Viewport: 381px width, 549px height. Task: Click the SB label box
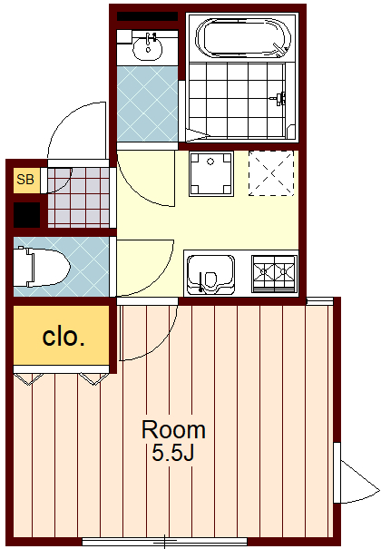click(x=26, y=180)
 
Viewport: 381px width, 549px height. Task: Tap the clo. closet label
click(x=63, y=337)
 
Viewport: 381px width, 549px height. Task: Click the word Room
click(x=173, y=429)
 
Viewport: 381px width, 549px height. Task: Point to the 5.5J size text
click(x=173, y=453)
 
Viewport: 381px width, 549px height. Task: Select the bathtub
click(x=243, y=38)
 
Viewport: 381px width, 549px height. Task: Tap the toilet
click(x=42, y=267)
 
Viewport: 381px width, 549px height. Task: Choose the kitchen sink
click(x=210, y=274)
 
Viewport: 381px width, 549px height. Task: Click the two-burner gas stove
click(x=274, y=273)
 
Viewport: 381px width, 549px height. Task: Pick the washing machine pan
click(x=211, y=173)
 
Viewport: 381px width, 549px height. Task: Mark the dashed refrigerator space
click(x=271, y=173)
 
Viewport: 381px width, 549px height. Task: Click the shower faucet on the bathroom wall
click(x=279, y=98)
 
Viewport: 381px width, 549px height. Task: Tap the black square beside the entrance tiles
click(x=26, y=215)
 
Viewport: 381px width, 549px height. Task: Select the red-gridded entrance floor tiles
click(x=78, y=198)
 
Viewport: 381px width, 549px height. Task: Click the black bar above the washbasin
click(x=147, y=16)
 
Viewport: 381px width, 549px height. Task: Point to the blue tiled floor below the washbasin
click(x=147, y=103)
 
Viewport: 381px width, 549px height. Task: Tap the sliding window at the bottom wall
click(x=164, y=542)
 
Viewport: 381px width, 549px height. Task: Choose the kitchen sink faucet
click(x=200, y=281)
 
